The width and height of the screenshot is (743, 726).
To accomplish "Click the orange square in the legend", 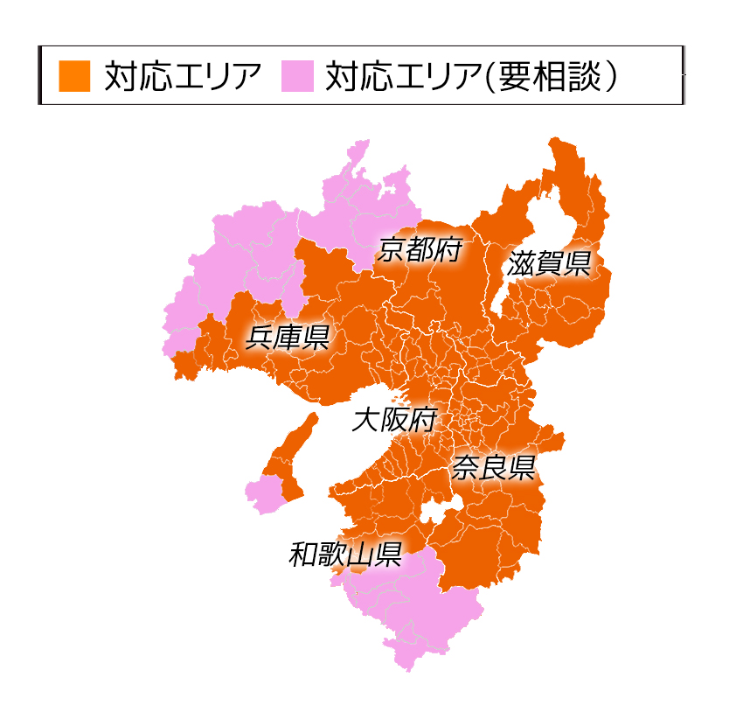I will coord(74,75).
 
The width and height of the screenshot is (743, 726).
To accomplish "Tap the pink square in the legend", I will coord(296,75).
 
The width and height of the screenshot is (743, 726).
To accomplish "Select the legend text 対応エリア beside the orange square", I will coord(182,76).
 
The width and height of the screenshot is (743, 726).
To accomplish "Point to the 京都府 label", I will coord(420,251).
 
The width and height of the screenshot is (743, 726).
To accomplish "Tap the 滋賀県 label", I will coord(549,263).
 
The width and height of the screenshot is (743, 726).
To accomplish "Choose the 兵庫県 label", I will coord(287,337).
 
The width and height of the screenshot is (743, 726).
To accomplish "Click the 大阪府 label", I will coord(393,420).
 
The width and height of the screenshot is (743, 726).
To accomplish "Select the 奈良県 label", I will coord(493,468).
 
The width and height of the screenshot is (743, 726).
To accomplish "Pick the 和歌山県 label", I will coord(345,555).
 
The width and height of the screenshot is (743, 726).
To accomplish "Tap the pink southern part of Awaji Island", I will coord(265,493).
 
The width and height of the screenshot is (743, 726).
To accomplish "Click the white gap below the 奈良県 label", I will coord(437,515).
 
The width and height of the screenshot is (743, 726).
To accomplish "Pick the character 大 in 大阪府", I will coord(364,420).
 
